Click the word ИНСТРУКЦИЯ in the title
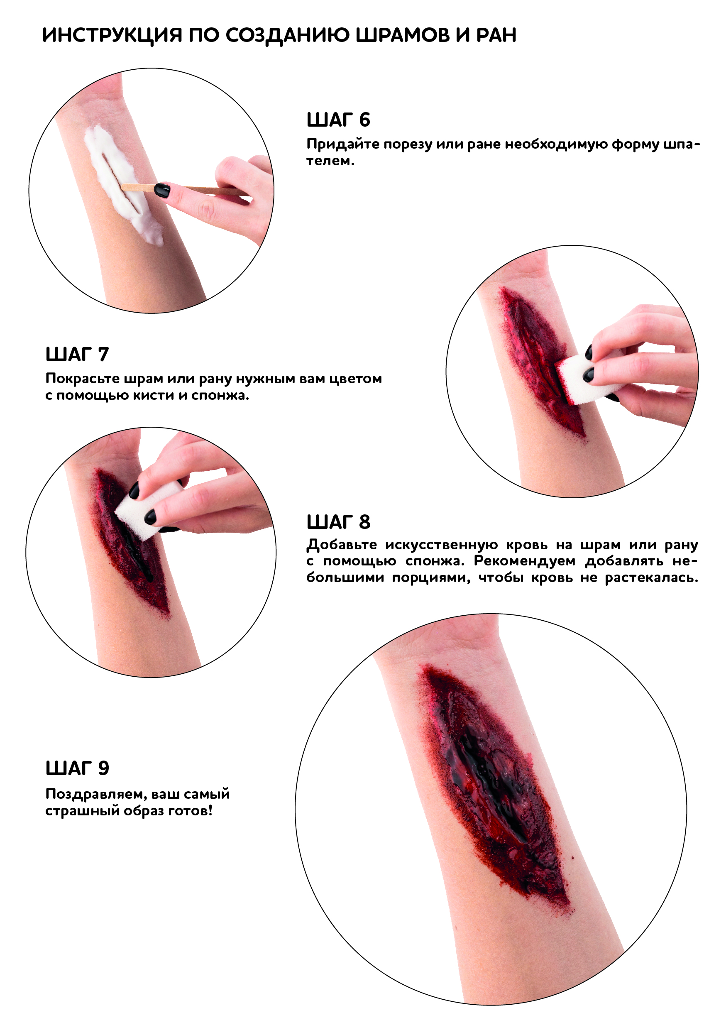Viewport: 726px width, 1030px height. (112, 35)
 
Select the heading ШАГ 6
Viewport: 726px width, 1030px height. (339, 120)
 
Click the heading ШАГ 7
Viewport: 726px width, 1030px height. (77, 355)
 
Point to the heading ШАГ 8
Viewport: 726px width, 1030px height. (339, 522)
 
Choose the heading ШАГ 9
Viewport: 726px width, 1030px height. (77, 768)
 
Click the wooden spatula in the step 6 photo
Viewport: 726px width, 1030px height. (184, 189)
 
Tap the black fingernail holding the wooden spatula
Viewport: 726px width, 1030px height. (162, 190)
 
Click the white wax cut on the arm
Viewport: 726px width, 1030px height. (121, 184)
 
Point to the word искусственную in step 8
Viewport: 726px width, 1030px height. (442, 545)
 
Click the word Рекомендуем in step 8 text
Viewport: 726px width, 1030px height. (525, 561)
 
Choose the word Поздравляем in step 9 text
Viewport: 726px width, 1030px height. (96, 795)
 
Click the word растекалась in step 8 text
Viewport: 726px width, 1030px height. (652, 578)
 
